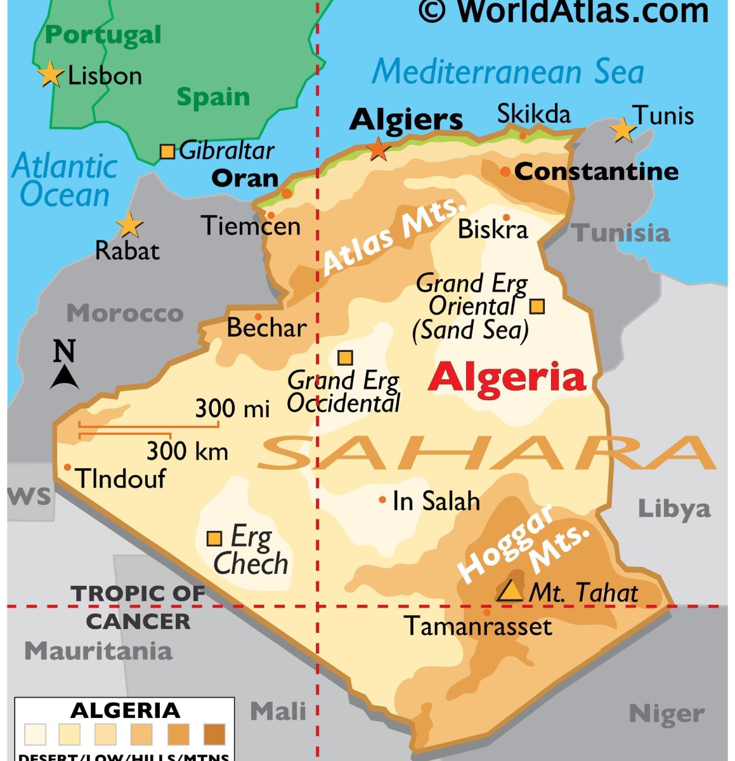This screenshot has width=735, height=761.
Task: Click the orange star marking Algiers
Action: coord(379,149)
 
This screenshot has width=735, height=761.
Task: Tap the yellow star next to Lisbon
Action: coord(50,75)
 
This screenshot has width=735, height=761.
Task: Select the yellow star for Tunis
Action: coord(623,130)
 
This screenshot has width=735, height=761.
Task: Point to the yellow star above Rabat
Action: coord(129,225)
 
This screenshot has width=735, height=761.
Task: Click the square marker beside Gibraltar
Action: coord(167,152)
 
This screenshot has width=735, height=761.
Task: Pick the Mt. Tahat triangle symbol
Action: coord(509,592)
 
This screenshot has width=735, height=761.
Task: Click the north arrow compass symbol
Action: coord(64,365)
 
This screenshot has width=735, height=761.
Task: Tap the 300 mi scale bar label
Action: coord(232,408)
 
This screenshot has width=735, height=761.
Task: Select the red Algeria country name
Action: coord(507,377)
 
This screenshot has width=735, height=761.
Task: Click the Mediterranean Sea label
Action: coord(507,71)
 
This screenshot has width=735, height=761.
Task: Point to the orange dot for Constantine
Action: coord(505,172)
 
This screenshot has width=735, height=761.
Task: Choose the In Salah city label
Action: coord(436,501)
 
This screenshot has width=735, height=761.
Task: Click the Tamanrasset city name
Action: coord(478,627)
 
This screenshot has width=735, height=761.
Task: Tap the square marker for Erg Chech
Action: coord(214,539)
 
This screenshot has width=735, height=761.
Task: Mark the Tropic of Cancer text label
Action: coord(138,608)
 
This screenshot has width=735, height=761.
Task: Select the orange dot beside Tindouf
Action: coord(68,467)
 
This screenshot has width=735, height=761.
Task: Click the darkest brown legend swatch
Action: coord(214,734)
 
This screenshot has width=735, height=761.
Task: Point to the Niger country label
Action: coord(667,714)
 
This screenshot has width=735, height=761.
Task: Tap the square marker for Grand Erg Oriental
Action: coord(537,306)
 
